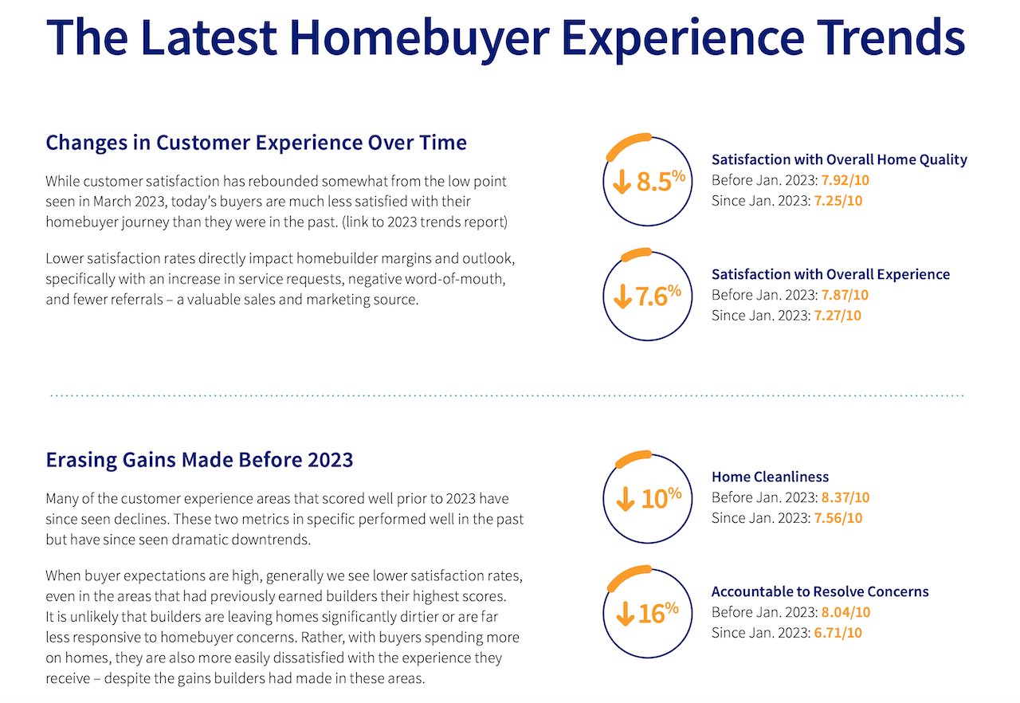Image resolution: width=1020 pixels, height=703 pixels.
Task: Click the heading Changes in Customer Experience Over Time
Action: click(x=256, y=143)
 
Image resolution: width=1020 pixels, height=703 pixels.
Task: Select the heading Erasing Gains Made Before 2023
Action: click(x=199, y=460)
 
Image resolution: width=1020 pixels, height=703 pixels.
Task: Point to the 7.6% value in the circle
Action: click(x=658, y=296)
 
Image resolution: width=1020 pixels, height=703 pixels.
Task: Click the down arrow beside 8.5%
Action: click(x=622, y=182)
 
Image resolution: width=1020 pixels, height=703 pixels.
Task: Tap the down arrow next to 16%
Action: click(x=624, y=614)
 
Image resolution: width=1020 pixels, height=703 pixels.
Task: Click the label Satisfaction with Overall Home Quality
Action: click(x=839, y=159)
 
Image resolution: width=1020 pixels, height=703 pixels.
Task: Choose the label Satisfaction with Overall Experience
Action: click(x=830, y=274)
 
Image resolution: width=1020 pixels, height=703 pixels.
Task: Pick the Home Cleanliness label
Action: click(x=770, y=477)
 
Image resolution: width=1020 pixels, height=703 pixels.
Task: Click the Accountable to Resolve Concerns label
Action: click(x=820, y=591)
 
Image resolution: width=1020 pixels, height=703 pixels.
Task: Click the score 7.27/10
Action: click(x=838, y=316)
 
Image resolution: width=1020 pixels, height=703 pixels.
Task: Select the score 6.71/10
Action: click(x=838, y=633)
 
